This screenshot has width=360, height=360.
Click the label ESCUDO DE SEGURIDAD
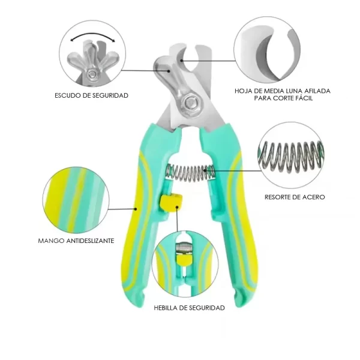[x=91, y=95]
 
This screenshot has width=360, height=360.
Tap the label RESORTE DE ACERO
[x=295, y=197]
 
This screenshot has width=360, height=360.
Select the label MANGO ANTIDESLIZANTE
[x=76, y=241]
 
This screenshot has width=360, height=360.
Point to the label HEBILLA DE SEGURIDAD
[x=189, y=308]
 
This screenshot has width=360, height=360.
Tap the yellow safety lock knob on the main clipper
[x=171, y=203]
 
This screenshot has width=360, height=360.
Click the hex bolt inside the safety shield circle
[x=92, y=74]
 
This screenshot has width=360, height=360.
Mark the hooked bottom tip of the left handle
[x=143, y=299]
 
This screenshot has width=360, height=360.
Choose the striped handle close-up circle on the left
[x=76, y=200]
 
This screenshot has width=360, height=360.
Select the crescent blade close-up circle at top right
[x=267, y=50]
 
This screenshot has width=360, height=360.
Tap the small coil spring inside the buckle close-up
[x=184, y=248]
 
